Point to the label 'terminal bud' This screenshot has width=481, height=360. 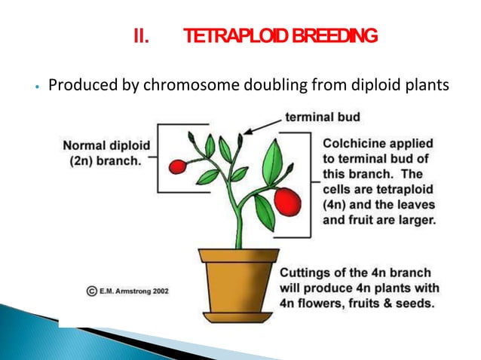tap(322, 117)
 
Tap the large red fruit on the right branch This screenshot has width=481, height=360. tap(287, 200)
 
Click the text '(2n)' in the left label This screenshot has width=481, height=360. tap(75, 159)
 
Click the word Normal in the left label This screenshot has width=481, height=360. tap(83, 145)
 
